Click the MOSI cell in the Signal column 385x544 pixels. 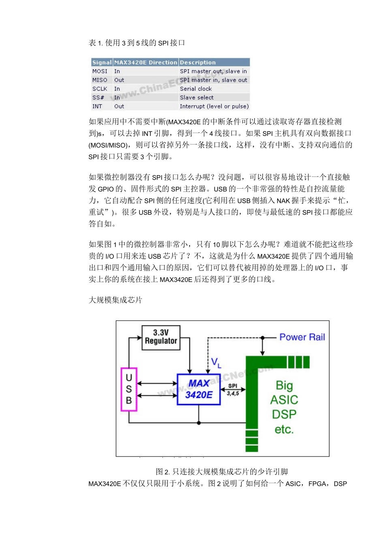(100, 71)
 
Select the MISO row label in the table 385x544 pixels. (100, 80)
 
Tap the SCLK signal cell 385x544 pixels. (100, 89)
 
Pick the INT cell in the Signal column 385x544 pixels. (97, 106)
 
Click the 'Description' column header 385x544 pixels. (198, 62)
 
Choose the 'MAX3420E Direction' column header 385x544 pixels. (146, 62)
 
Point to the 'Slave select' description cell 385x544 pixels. (197, 98)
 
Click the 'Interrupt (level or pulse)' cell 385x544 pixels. (214, 106)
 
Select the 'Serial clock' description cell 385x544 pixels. (196, 89)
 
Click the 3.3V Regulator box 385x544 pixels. (161, 337)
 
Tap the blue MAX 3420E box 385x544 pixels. (199, 389)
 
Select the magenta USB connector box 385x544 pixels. (129, 389)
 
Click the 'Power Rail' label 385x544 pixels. (302, 337)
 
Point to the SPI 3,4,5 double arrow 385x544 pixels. (233, 389)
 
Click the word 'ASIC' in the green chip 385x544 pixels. (284, 400)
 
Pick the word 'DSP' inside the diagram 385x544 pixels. (284, 414)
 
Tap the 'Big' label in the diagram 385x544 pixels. (284, 385)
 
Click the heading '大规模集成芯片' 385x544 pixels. (115, 300)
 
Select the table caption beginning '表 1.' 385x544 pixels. (137, 43)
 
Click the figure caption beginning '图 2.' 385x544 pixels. (222, 472)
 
